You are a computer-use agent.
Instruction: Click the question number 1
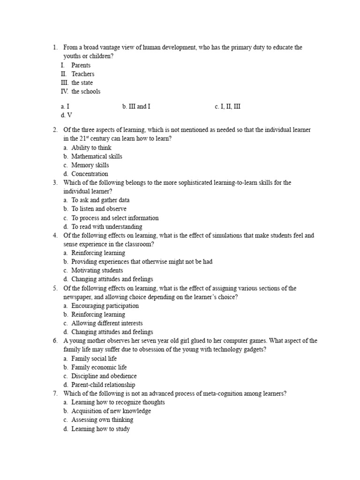(x=55, y=47)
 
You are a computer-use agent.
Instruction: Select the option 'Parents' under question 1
(x=81, y=65)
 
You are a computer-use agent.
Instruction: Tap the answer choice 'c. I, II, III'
(x=227, y=106)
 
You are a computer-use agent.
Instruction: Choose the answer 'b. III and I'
(x=136, y=106)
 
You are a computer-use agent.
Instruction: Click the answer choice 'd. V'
(x=67, y=115)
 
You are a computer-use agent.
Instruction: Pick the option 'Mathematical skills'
(x=97, y=156)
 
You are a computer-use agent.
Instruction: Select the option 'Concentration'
(x=90, y=174)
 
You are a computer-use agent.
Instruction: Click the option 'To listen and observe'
(x=98, y=209)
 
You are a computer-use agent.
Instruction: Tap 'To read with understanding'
(x=106, y=226)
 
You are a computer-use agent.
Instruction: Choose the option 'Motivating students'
(x=97, y=270)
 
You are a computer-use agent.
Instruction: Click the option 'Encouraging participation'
(x=105, y=306)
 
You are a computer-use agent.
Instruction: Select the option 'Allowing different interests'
(x=107, y=323)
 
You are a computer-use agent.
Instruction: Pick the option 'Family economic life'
(x=99, y=367)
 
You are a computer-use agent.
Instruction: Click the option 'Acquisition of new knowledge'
(x=111, y=411)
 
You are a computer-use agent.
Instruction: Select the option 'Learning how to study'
(x=100, y=428)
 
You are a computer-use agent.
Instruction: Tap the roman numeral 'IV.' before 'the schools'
(x=65, y=91)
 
